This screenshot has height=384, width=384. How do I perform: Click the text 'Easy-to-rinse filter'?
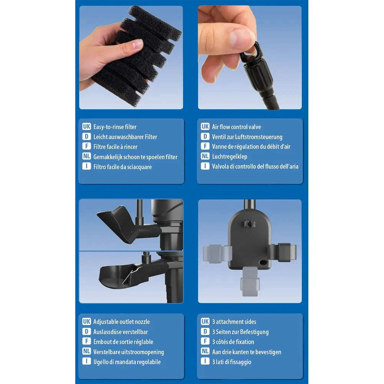tap(115, 127)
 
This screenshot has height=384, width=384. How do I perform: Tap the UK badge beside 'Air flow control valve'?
tap(205, 126)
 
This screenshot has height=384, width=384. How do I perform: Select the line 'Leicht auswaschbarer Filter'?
tap(125, 137)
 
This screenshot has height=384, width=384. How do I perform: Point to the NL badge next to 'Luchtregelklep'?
tap(205, 156)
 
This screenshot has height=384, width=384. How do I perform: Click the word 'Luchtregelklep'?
tap(230, 157)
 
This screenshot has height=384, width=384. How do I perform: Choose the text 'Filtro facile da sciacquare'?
tap(122, 167)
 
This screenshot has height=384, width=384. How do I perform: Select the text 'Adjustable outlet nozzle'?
tap(121, 321)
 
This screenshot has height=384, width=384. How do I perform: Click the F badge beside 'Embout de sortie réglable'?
tap(86, 341)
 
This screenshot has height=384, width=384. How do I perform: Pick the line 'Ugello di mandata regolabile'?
tap(127, 362)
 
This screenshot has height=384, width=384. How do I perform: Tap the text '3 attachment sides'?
tap(234, 321)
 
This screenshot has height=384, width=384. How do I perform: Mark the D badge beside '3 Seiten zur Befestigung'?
tap(205, 331)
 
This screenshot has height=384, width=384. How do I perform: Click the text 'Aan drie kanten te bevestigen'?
tap(247, 352)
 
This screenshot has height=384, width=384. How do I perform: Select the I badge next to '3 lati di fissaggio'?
tap(205, 361)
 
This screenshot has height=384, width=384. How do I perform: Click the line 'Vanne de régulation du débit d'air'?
tap(251, 147)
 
